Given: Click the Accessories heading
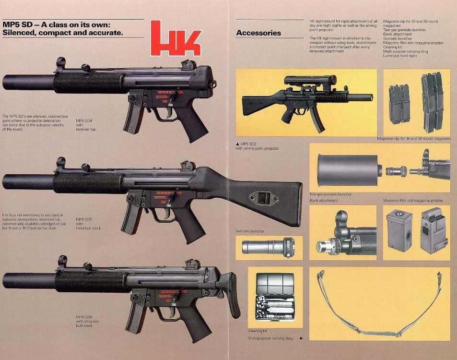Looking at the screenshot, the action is pos(258,33).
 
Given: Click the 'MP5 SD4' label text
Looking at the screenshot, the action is pos(84,120).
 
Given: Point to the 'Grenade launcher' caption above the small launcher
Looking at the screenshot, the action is pos(250,231).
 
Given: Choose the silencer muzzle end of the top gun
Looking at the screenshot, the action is pos(7,82).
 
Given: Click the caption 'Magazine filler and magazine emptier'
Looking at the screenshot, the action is pos(413,200).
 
